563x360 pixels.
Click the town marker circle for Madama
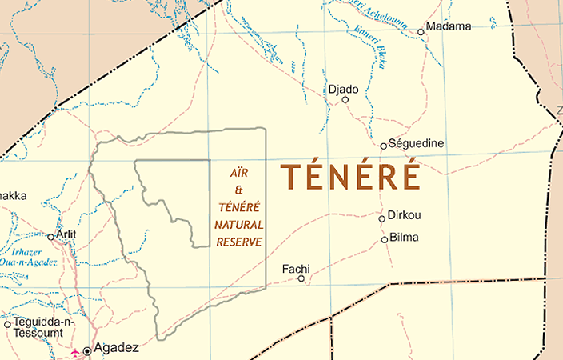pyautogui.click(x=421, y=33)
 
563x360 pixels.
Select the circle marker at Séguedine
pyautogui.click(x=384, y=146)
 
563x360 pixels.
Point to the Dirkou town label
pyautogui.click(x=404, y=216)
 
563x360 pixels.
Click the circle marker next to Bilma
pyautogui.click(x=385, y=239)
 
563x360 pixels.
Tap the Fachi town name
pyautogui.click(x=296, y=269)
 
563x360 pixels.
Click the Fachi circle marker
pyautogui.click(x=301, y=278)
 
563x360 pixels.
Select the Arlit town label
pyautogui.click(x=66, y=234)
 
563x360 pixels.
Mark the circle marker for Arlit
pyautogui.click(x=50, y=237)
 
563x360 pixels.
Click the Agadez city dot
pyautogui.click(x=87, y=350)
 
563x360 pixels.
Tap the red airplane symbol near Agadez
pyautogui.click(x=75, y=351)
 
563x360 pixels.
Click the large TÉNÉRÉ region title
pyautogui.click(x=350, y=177)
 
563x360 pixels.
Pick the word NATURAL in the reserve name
pyautogui.click(x=239, y=225)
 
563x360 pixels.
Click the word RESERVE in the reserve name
pyautogui.click(x=238, y=242)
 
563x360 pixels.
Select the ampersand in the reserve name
pyautogui.click(x=238, y=190)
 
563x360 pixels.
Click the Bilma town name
pyautogui.click(x=404, y=238)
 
